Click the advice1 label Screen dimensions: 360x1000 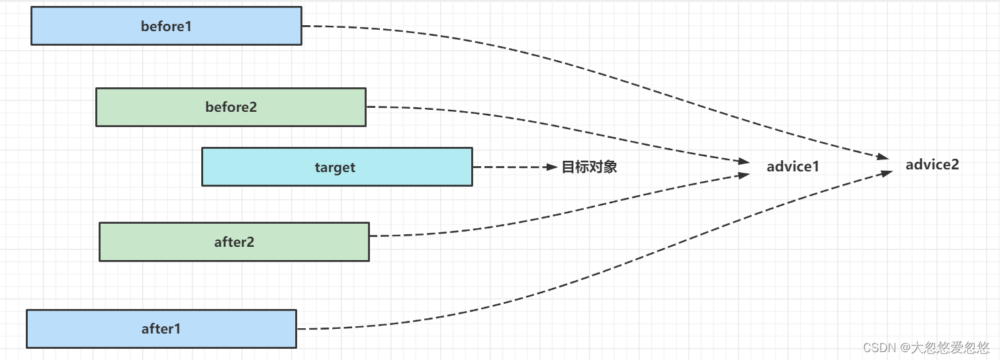click(x=793, y=167)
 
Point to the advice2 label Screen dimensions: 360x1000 click(x=932, y=165)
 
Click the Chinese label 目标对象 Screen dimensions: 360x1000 click(x=589, y=167)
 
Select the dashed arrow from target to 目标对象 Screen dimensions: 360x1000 click(x=510, y=167)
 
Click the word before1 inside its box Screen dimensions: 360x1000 click(x=166, y=26)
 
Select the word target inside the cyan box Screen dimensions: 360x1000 click(x=335, y=167)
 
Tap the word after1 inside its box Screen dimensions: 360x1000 click(x=161, y=328)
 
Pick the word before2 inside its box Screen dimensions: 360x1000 click(x=231, y=107)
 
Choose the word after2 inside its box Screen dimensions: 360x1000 click(x=234, y=242)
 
